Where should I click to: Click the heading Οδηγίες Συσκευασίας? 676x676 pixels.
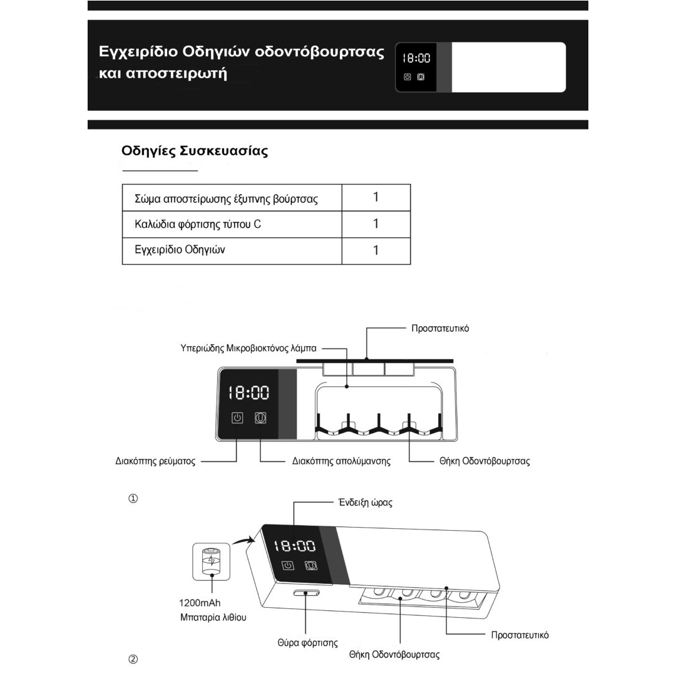coord(195,151)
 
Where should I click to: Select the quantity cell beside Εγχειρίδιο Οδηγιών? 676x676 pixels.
coord(376,250)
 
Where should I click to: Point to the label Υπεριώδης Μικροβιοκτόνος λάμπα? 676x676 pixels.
coord(248,349)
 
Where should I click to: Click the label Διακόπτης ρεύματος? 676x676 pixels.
coord(155,461)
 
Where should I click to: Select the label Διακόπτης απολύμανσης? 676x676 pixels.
coord(341,461)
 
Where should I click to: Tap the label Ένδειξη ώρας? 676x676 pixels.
coord(365,503)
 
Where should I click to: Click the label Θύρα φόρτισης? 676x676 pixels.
coord(307,643)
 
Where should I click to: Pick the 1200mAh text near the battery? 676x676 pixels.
coord(200,603)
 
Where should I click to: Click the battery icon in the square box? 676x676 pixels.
coord(212,561)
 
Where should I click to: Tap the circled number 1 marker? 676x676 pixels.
coord(133,498)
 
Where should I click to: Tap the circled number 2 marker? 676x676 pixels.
coord(133,659)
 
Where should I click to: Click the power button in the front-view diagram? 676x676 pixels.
coord(237,417)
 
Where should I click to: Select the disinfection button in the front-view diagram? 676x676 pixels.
coord(260,417)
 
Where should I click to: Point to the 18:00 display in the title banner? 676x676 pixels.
coord(416,58)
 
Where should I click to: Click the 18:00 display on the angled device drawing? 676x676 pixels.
coord(295,546)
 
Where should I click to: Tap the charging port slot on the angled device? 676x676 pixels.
coord(307,593)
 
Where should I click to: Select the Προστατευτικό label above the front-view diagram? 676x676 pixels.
coord(440,329)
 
